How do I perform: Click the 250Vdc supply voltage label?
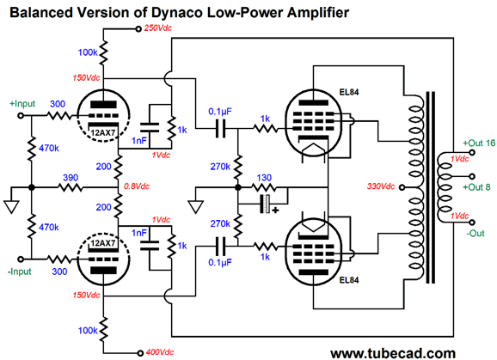tap(158, 27)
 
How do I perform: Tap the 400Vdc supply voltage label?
tap(160, 352)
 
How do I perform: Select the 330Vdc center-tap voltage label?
tap(381, 186)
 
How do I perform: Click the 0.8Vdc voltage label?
tap(137, 186)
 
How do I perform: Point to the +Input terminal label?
tap(22, 104)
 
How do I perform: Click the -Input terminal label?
tap(20, 272)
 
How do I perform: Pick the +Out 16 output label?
tap(479, 143)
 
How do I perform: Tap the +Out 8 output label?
tap(476, 187)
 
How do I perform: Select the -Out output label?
tap(476, 234)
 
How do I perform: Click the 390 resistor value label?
tap(71, 178)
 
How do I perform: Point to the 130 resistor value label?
tap(264, 178)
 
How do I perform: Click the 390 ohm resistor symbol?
tap(71, 188)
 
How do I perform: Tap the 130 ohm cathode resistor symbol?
tap(264, 188)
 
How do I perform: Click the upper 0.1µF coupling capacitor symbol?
tap(221, 129)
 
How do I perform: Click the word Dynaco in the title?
tap(176, 12)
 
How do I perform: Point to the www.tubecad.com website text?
tap(393, 353)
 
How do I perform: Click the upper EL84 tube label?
tap(349, 92)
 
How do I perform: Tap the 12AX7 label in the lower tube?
tap(103, 243)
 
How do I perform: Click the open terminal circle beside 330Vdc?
tap(402, 187)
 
